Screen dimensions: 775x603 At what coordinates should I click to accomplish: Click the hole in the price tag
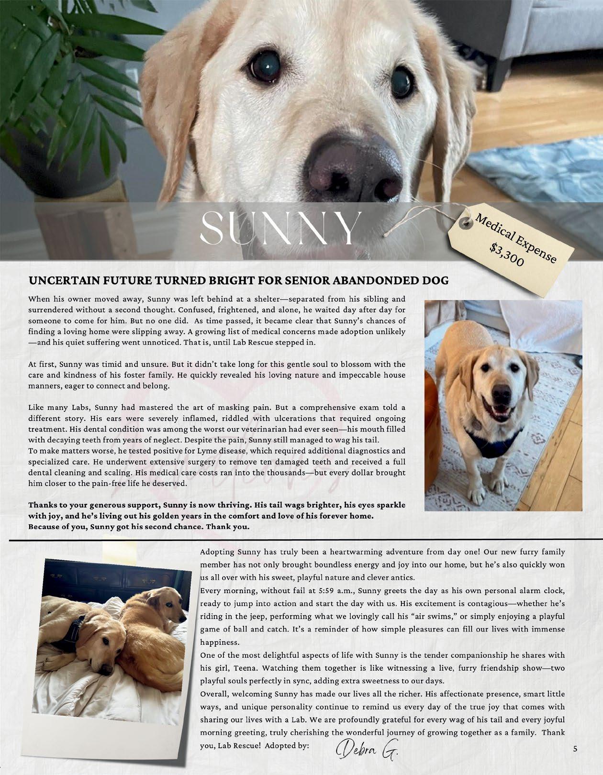[465, 221]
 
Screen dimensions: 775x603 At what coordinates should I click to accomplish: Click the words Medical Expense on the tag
[515, 238]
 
